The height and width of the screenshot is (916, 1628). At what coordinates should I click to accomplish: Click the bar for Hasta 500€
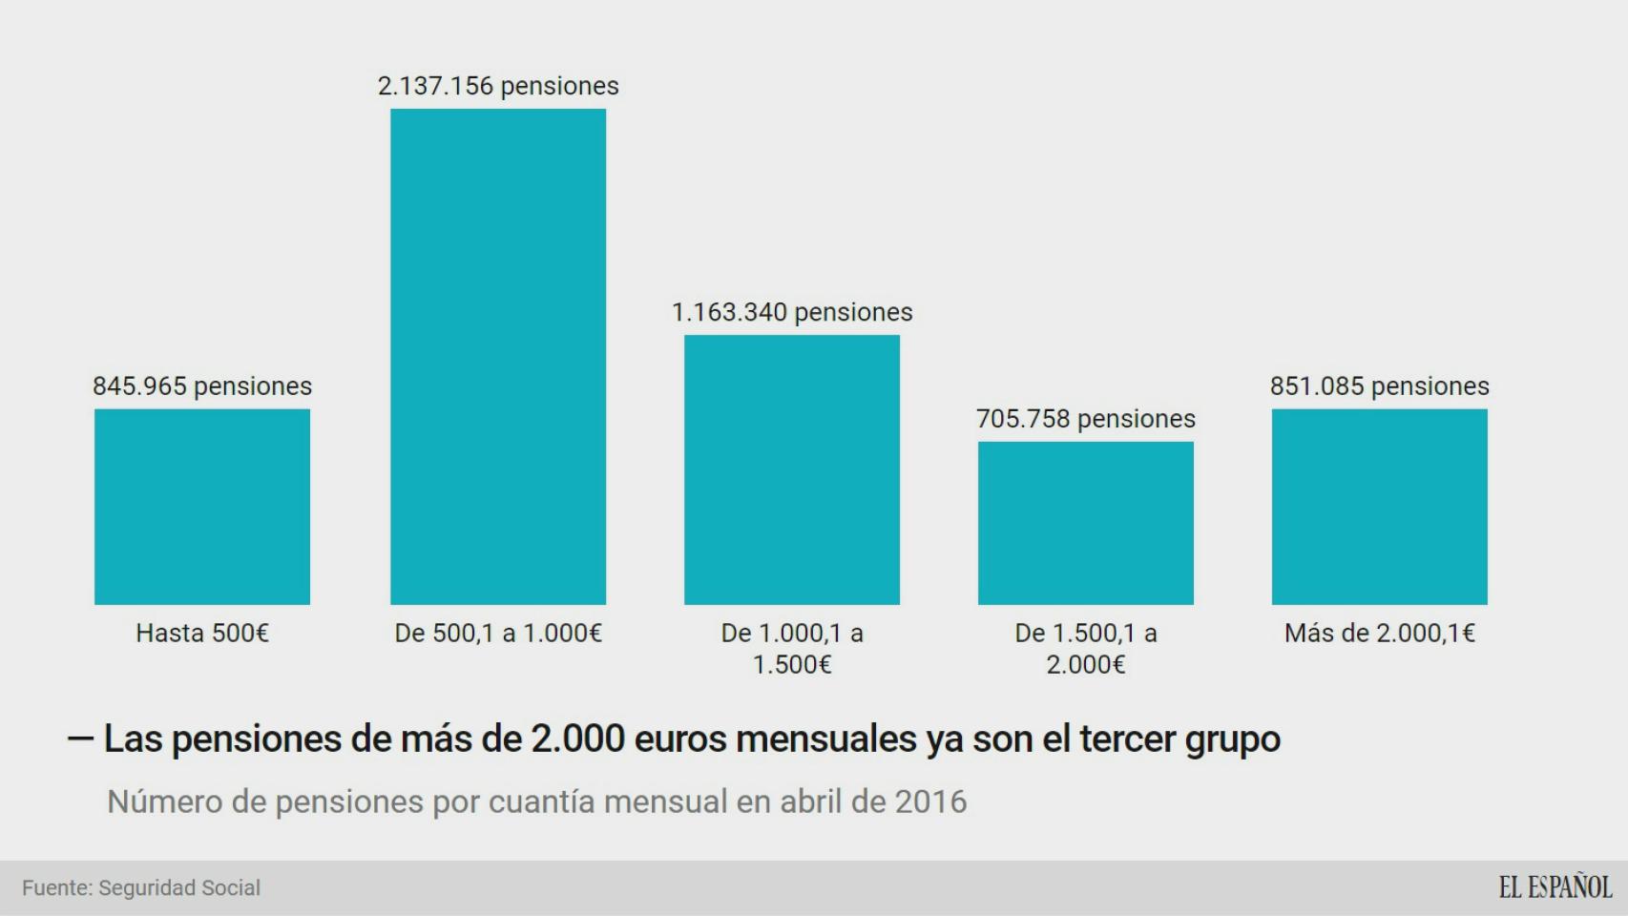point(202,507)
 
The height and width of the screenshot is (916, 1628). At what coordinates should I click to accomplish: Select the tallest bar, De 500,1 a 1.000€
point(498,357)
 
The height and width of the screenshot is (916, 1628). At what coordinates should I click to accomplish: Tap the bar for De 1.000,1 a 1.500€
point(792,469)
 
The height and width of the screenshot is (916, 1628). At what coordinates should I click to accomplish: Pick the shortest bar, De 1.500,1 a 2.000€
point(1086,523)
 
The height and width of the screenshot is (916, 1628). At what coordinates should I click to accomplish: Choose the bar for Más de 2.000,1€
point(1380,507)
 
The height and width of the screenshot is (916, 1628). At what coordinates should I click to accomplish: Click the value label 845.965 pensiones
point(202,386)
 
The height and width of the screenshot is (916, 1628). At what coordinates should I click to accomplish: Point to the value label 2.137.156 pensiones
point(498,86)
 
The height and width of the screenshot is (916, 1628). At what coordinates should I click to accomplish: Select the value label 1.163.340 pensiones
point(792,312)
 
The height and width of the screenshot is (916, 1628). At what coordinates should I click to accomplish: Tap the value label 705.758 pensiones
point(1086,419)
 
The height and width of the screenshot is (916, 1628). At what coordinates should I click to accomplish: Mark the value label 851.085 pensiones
point(1380,386)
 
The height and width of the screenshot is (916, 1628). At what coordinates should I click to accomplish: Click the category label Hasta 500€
point(202,633)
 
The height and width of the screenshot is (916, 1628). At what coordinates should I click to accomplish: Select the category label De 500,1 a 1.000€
point(498,633)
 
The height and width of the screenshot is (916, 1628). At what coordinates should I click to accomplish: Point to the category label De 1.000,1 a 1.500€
point(792,648)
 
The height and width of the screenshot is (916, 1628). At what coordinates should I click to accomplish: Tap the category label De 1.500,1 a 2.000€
point(1086,648)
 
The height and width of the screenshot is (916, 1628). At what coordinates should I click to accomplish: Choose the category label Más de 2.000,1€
point(1380,633)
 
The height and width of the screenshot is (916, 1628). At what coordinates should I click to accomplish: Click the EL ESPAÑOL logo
point(1555,887)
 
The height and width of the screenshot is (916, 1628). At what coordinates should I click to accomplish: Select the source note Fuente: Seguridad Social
point(141,888)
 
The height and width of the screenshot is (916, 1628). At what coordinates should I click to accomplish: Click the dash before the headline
point(80,739)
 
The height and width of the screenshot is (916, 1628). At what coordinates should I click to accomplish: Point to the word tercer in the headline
point(1127,739)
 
